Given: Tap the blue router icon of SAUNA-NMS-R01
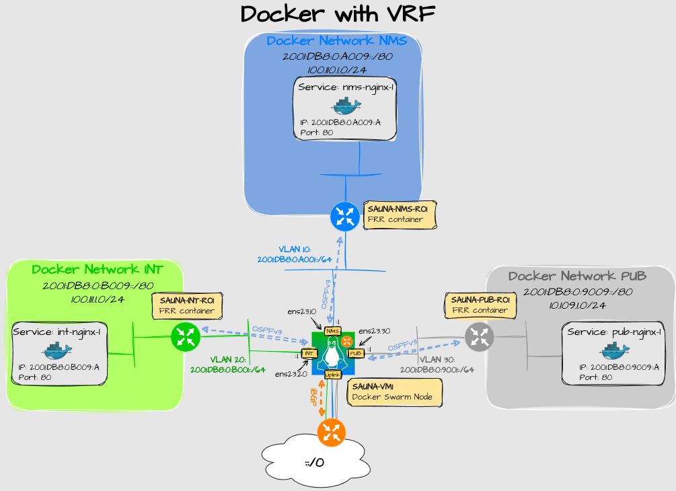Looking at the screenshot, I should tap(345, 217).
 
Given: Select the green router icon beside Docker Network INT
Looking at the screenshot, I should tap(185, 337).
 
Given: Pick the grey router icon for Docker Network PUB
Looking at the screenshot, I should tap(480, 336).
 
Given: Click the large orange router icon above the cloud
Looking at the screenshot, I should tap(331, 432).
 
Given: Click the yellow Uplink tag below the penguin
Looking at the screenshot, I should tap(332, 374).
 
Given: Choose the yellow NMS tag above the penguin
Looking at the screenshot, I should tap(332, 331).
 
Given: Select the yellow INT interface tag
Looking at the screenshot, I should tap(309, 353).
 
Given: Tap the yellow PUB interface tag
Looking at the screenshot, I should tap(356, 353).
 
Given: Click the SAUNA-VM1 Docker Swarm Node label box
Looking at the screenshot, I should tap(395, 393).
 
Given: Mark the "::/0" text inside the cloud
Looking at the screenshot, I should tap(315, 463).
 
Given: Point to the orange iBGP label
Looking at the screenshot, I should tap(313, 398).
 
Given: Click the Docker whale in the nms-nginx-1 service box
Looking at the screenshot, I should tap(345, 106).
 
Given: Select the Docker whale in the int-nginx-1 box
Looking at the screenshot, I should tap(57, 350).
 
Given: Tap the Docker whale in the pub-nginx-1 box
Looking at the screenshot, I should tap(614, 350).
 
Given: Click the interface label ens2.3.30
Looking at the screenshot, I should tap(374, 331).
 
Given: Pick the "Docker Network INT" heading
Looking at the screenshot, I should tap(98, 270).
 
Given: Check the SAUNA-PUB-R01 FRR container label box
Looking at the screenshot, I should tap(480, 305).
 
